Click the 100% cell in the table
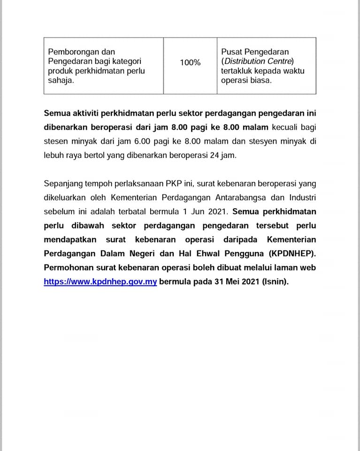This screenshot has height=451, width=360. pos(190,62)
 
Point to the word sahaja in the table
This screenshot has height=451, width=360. pos(61,80)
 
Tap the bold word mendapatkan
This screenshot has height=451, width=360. pos(70,240)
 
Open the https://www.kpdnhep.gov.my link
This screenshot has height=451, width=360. pos(100,282)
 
